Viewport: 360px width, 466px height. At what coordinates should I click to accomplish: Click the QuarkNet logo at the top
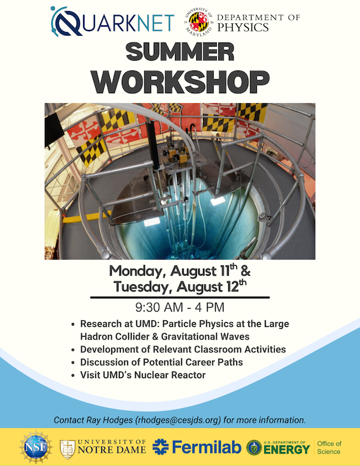pos(112,21)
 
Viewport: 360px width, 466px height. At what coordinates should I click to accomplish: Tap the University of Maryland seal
pos(199,22)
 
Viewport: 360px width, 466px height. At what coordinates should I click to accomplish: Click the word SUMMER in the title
pos(180,52)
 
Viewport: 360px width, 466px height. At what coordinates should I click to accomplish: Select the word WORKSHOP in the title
pos(180,82)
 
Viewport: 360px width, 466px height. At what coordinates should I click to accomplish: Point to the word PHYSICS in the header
pos(243,27)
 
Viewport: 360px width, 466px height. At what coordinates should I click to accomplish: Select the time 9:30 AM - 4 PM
pos(180,308)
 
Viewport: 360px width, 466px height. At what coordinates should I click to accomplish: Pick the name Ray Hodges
pos(109,420)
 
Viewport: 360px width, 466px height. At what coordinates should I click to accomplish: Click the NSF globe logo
pos(36,447)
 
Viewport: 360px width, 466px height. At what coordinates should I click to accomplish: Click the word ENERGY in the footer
pos(287,449)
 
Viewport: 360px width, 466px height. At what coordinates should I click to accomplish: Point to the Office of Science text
pos(329,447)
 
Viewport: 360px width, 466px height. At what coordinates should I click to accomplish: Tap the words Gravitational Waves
pos(205,336)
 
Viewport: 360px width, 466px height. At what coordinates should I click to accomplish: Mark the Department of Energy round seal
pos(254,447)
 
